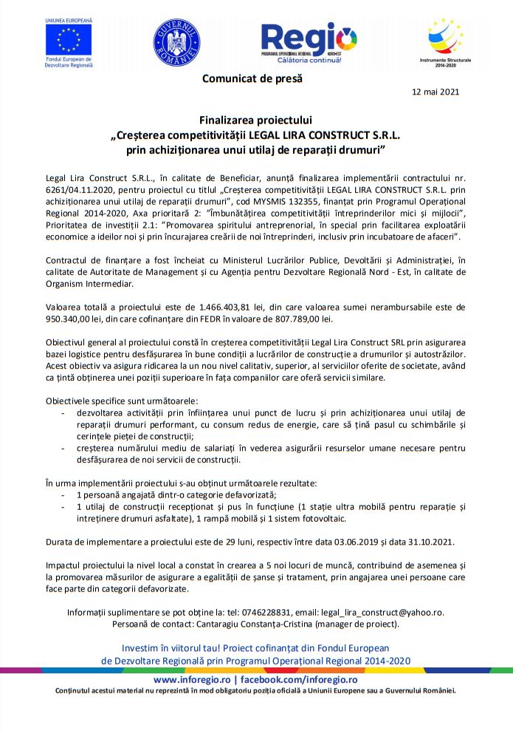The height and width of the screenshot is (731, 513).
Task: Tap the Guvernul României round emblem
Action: (176, 41)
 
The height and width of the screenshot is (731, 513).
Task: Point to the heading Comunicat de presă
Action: (252, 78)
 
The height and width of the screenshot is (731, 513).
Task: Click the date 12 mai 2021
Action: (435, 92)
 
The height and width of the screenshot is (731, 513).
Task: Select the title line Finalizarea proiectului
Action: (256, 120)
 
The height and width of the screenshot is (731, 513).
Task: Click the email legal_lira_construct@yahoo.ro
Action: (390, 612)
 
